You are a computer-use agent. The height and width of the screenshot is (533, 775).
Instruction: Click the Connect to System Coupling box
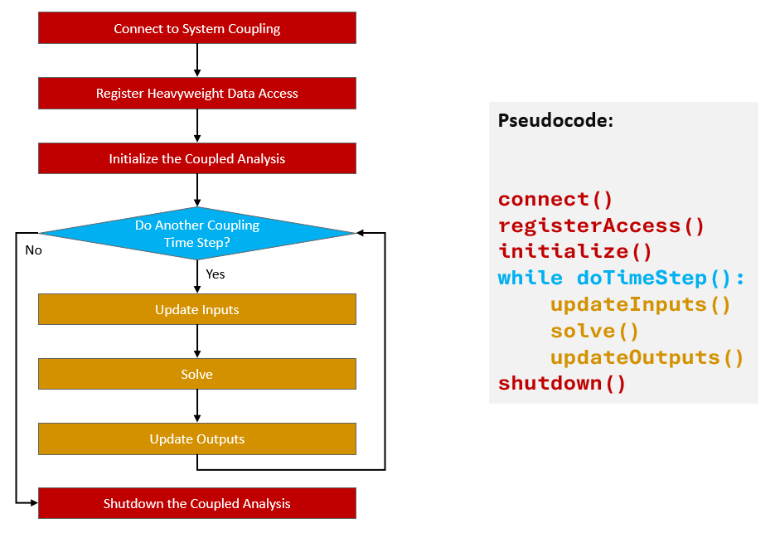[x=197, y=28]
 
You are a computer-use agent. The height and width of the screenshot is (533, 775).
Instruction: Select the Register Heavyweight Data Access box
[x=197, y=93]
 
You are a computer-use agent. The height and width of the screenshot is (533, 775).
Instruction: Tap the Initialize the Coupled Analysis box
[x=197, y=158]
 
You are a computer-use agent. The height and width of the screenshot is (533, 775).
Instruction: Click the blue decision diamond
[x=197, y=233]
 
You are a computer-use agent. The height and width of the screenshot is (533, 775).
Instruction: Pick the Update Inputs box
[x=197, y=309]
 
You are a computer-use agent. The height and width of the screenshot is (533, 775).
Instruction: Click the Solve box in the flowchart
[x=197, y=374]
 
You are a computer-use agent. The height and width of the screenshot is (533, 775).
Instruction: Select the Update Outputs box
[x=197, y=439]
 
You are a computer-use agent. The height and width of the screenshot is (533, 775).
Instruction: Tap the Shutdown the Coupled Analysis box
[x=197, y=503]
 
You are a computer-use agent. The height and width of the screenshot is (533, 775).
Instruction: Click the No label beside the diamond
[x=33, y=250]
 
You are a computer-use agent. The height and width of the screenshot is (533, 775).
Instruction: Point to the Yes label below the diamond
[x=215, y=274]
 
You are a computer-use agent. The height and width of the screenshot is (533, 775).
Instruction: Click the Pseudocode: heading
[x=555, y=120]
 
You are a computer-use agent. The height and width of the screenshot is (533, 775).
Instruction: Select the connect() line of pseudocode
[x=555, y=200]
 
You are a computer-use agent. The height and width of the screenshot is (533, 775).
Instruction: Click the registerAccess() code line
[x=600, y=225]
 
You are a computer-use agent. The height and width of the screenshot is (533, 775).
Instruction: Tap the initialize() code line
[x=574, y=251]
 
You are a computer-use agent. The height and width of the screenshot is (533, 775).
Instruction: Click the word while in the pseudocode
[x=530, y=278]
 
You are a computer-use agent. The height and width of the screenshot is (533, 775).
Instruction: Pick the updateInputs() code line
[x=640, y=304]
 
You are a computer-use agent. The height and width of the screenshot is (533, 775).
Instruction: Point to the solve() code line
[x=594, y=331]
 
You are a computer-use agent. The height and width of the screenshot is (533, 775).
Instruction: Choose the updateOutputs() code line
[x=647, y=357]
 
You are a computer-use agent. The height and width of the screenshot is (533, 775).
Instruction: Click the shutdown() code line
[x=561, y=383]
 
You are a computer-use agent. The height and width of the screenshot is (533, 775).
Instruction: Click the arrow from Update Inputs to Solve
[x=197, y=341]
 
